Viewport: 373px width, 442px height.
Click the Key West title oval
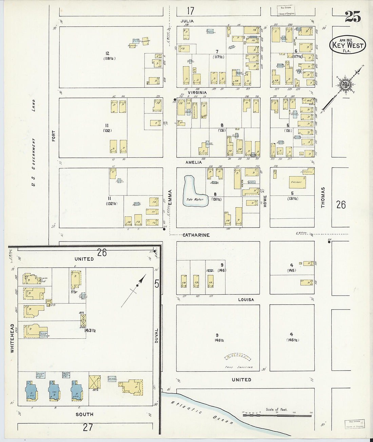pyautogui.click(x=348, y=45)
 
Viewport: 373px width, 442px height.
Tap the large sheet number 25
pyautogui.click(x=353, y=17)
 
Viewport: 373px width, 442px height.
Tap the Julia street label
pyautogui.click(x=187, y=21)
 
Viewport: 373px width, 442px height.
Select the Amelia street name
pyautogui.click(x=194, y=162)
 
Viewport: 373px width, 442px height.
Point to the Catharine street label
pyautogui.click(x=196, y=235)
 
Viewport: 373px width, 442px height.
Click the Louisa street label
pyautogui.click(x=246, y=300)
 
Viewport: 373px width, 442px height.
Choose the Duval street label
pyautogui.click(x=156, y=336)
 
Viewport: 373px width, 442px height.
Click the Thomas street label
pyautogui.click(x=323, y=197)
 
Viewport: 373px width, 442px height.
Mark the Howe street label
pyautogui.click(x=265, y=201)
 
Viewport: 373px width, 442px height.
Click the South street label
pyautogui.click(x=84, y=414)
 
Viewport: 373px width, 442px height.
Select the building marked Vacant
pyautogui.click(x=296, y=182)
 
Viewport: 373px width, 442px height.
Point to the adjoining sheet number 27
pyautogui.click(x=88, y=427)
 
